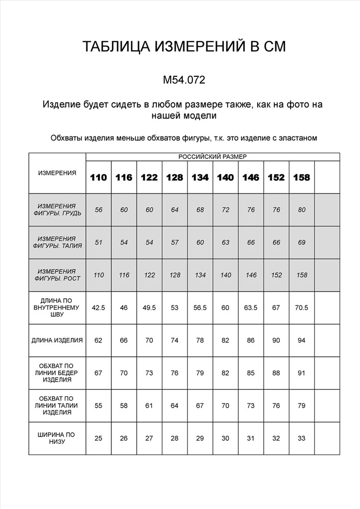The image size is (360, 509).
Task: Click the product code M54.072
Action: coord(184,80)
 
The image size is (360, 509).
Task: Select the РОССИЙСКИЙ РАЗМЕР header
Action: coord(212,157)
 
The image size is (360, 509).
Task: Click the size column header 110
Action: coord(99,178)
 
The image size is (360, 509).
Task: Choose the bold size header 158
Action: coord(301,178)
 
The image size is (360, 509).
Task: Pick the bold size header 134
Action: coord(200,178)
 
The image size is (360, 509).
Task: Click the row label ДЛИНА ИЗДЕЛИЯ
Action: coord(57,340)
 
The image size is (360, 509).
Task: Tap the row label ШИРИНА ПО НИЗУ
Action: coord(57,438)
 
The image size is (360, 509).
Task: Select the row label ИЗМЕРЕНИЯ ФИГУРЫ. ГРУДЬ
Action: coord(57,210)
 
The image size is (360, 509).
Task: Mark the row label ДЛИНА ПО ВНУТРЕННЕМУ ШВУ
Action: coord(57,307)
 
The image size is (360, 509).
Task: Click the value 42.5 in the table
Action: coord(99,307)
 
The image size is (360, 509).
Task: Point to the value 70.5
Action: coord(301,307)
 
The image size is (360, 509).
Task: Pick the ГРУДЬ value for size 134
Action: coord(200,210)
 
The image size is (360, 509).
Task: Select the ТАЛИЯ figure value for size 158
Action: coord(301,242)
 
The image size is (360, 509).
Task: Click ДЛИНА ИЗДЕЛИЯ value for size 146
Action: coord(251,340)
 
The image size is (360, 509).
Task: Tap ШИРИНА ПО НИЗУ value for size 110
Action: coord(99,438)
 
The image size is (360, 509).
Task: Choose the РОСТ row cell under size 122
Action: coord(149,275)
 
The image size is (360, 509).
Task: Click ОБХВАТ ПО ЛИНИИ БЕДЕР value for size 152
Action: coord(276,373)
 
